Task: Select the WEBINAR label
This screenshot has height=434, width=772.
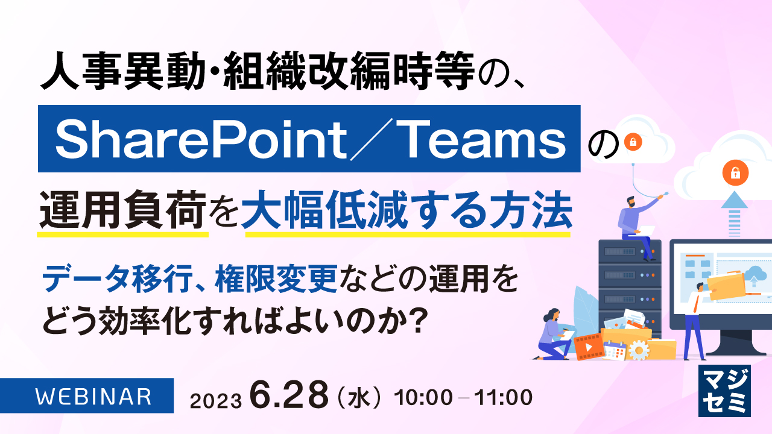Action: pyautogui.click(x=93, y=397)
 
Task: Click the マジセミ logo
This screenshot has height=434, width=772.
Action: pyautogui.click(x=724, y=391)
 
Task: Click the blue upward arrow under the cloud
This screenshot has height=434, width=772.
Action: pyautogui.click(x=735, y=211)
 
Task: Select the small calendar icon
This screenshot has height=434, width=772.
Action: pyautogui.click(x=615, y=350)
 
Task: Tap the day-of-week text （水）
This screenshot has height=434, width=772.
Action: pyautogui.click(x=359, y=398)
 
